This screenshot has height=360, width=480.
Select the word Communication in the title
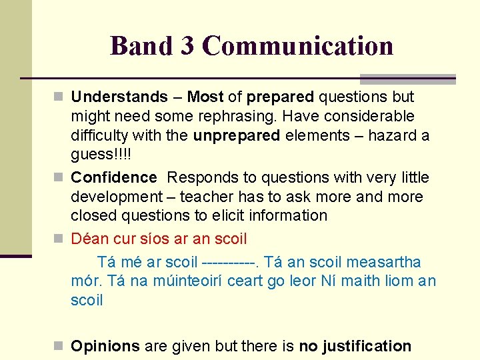[297, 46]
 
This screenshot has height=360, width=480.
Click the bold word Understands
[119, 97]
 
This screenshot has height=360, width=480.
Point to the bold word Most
[205, 97]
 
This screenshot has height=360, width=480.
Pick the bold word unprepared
[237, 135]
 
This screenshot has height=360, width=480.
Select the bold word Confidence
[114, 177]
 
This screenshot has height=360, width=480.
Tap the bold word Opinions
[105, 346]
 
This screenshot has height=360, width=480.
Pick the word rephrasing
[234, 117]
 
